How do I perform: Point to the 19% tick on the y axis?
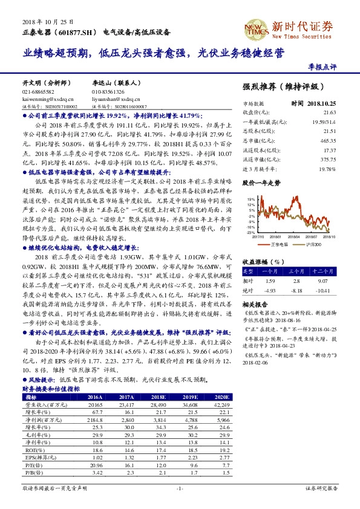(x=249, y=197)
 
